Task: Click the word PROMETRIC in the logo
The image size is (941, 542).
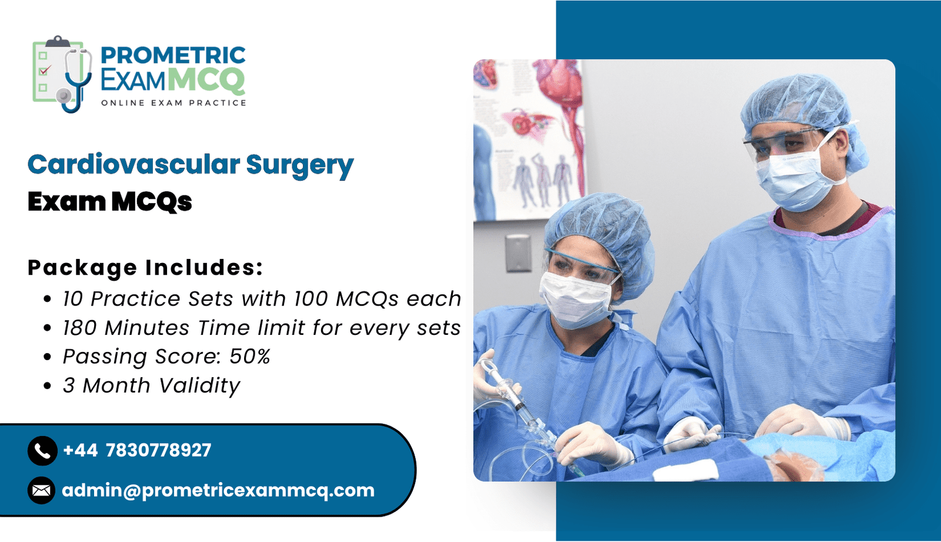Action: pos(173,55)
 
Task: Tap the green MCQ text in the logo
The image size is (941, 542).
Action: pos(206,80)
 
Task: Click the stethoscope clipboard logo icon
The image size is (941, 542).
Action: pos(62,74)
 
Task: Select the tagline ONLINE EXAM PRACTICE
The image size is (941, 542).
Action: pos(173,103)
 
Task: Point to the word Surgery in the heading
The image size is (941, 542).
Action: pos(300,167)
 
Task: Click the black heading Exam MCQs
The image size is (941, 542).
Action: pos(109,202)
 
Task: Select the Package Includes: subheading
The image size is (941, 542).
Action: pos(145,268)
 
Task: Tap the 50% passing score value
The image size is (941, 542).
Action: pos(250,357)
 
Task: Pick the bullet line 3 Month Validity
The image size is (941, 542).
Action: pos(151,385)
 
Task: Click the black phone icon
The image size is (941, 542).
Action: pos(42,451)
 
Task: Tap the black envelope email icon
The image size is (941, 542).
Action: pos(42,490)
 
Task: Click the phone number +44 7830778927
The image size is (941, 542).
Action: pos(137,450)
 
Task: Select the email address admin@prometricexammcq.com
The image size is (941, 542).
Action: pos(218,490)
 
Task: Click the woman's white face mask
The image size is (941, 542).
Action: pos(576,298)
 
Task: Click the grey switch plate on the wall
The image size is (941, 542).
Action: pos(518,254)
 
